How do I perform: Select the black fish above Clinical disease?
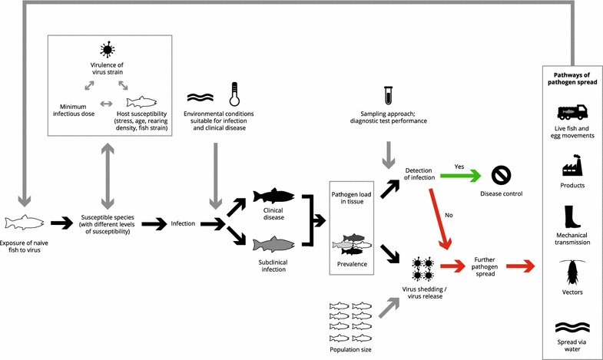click(273, 196)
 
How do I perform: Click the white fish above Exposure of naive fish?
click(26, 223)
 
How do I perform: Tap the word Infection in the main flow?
click(181, 223)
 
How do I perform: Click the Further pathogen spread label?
click(489, 266)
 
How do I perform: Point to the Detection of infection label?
click(419, 173)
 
